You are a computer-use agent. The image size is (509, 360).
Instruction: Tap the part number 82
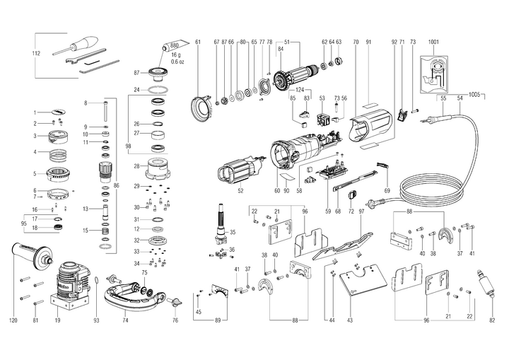(491, 320)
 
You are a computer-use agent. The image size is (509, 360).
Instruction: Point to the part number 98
(128, 146)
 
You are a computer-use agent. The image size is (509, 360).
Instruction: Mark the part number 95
(24, 223)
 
